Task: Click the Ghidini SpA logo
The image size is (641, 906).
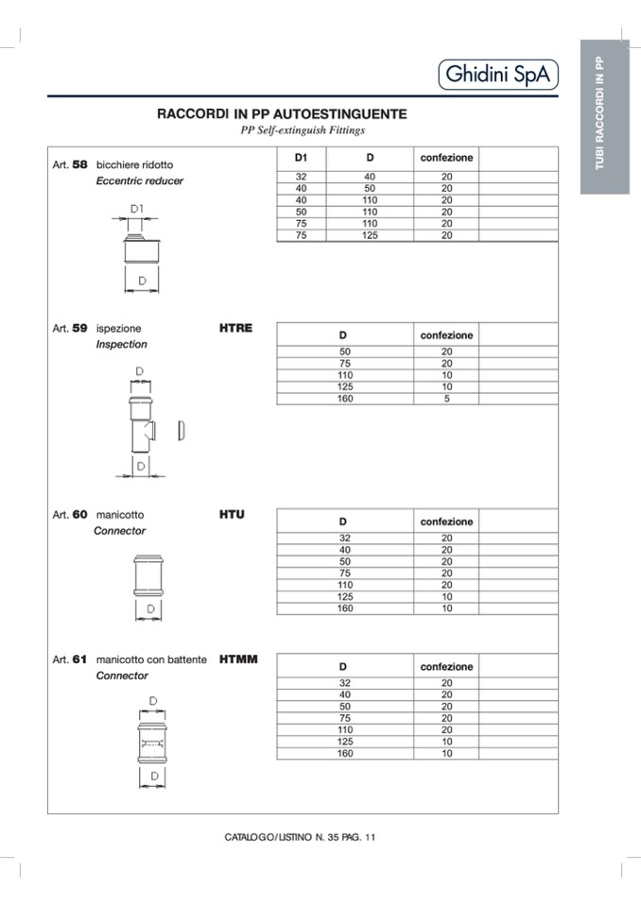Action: coord(498,74)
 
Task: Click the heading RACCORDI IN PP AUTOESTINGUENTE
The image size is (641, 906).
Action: coord(282,114)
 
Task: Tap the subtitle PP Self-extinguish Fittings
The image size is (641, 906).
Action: coord(303,130)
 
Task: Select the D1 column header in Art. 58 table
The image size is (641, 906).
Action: coord(302,158)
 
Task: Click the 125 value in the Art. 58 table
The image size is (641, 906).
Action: coord(370,235)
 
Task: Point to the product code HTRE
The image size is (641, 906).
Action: coord(235,328)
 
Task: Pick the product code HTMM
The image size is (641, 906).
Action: coord(238,658)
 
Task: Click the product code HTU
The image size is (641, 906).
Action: coord(232,515)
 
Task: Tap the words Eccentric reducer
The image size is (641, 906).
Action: coord(140,180)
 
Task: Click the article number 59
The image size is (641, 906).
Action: coord(79,329)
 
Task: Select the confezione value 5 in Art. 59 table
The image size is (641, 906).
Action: coord(446,399)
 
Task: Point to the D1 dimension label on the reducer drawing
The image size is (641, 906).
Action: coord(137,207)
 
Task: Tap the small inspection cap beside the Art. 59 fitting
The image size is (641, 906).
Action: coord(182,432)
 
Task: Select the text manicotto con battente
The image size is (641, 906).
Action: coord(151,659)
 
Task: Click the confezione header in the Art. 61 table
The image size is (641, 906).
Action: coord(446,667)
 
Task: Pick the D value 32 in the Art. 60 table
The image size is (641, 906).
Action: coord(344,538)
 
